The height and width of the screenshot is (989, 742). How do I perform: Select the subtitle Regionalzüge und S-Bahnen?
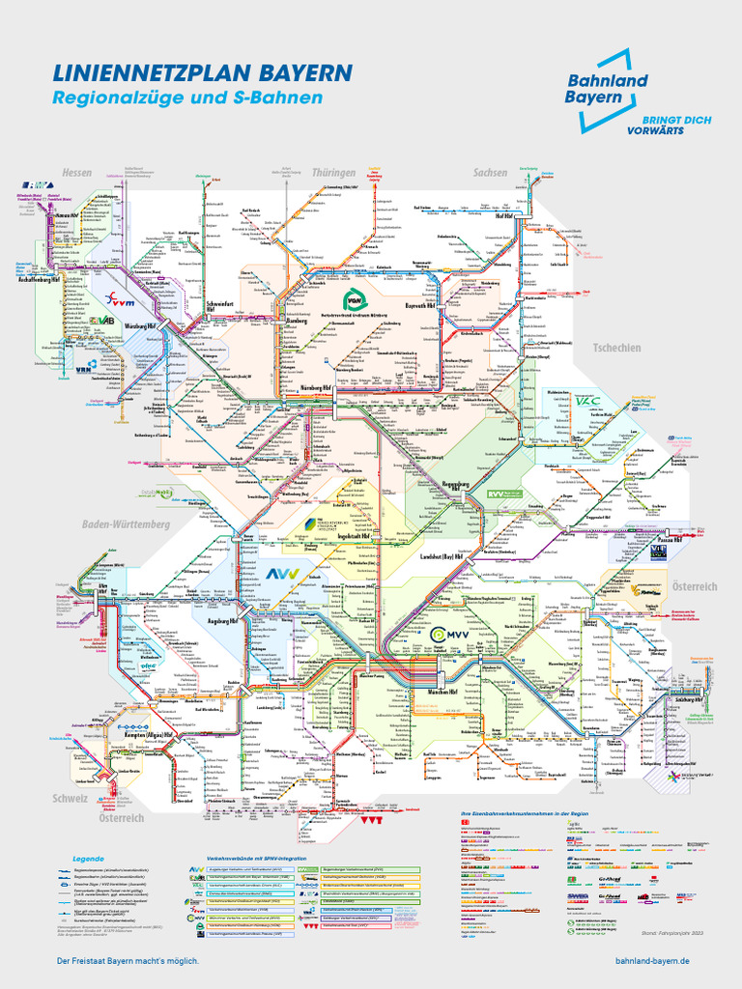tap(186, 99)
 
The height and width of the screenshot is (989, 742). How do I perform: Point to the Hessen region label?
tap(76, 172)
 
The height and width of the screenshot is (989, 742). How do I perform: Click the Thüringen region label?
tap(334, 172)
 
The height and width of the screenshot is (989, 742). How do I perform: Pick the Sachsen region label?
tap(490, 172)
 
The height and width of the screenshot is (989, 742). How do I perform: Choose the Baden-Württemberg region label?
tap(126, 523)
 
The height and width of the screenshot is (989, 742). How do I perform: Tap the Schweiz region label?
tap(71, 799)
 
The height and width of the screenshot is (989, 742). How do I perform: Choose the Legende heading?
tap(87, 858)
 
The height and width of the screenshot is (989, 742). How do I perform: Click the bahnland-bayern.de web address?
tap(652, 961)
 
